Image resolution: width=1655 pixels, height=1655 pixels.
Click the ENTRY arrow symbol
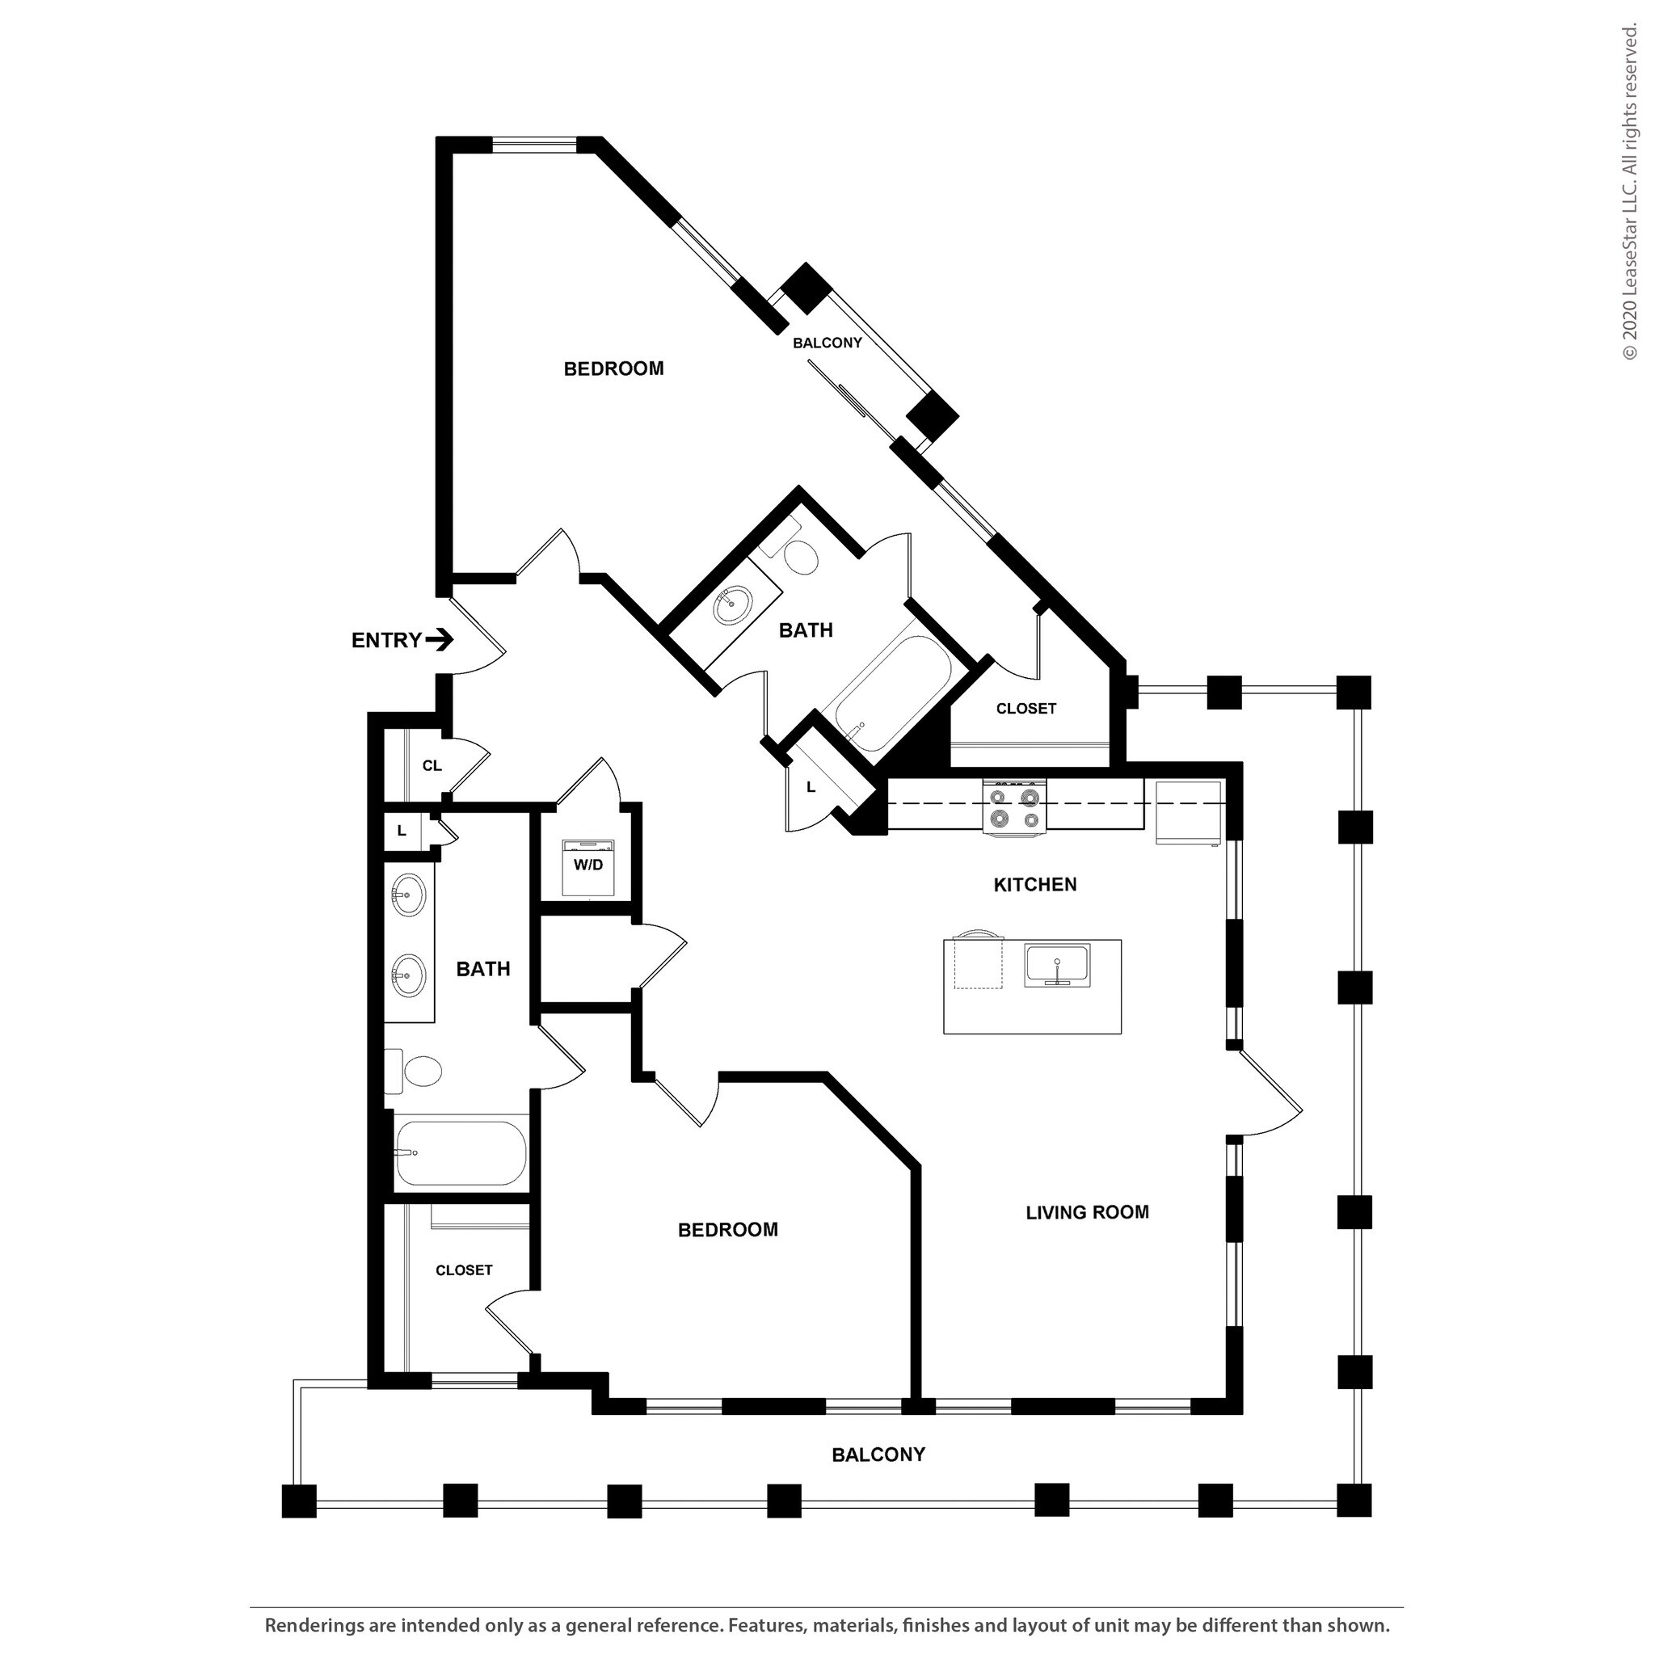[440, 640]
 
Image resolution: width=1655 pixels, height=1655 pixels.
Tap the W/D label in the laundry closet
[588, 865]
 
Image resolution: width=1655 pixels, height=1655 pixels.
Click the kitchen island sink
[1057, 966]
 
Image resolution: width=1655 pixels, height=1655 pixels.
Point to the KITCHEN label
[1035, 885]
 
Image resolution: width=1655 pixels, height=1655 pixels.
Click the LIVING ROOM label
[1087, 1212]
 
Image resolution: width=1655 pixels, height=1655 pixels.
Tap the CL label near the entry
[432, 766]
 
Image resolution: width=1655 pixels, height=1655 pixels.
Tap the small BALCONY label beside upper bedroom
[827, 343]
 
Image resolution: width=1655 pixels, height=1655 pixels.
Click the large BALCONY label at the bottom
[878, 1455]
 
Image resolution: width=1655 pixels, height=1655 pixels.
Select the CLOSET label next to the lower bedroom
[463, 1270]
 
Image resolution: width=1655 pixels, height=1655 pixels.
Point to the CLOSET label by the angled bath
[1025, 710]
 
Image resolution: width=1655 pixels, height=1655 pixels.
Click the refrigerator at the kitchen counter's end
[1188, 812]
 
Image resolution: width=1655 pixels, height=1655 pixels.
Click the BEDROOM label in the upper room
[613, 369]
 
